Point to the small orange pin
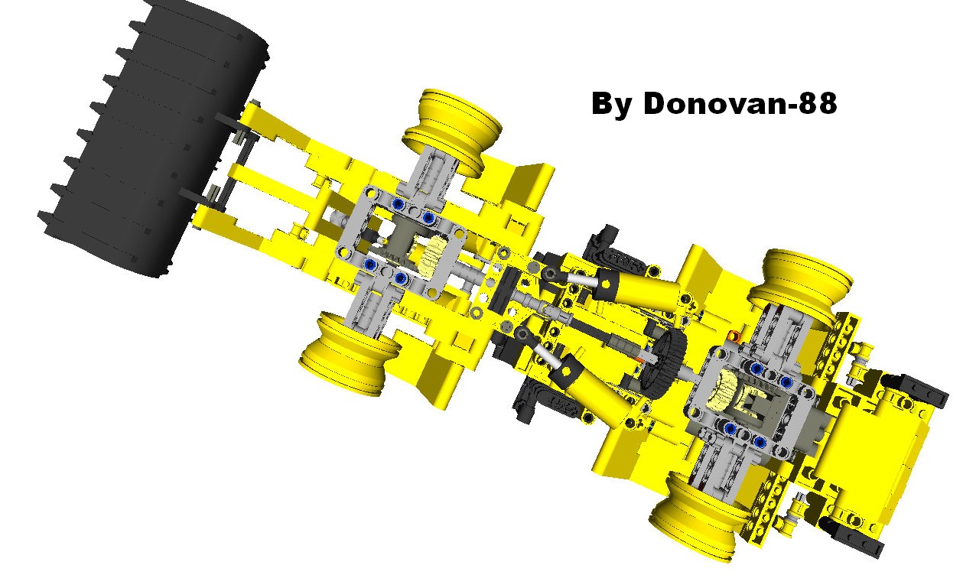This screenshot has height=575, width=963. pyautogui.click(x=735, y=337)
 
